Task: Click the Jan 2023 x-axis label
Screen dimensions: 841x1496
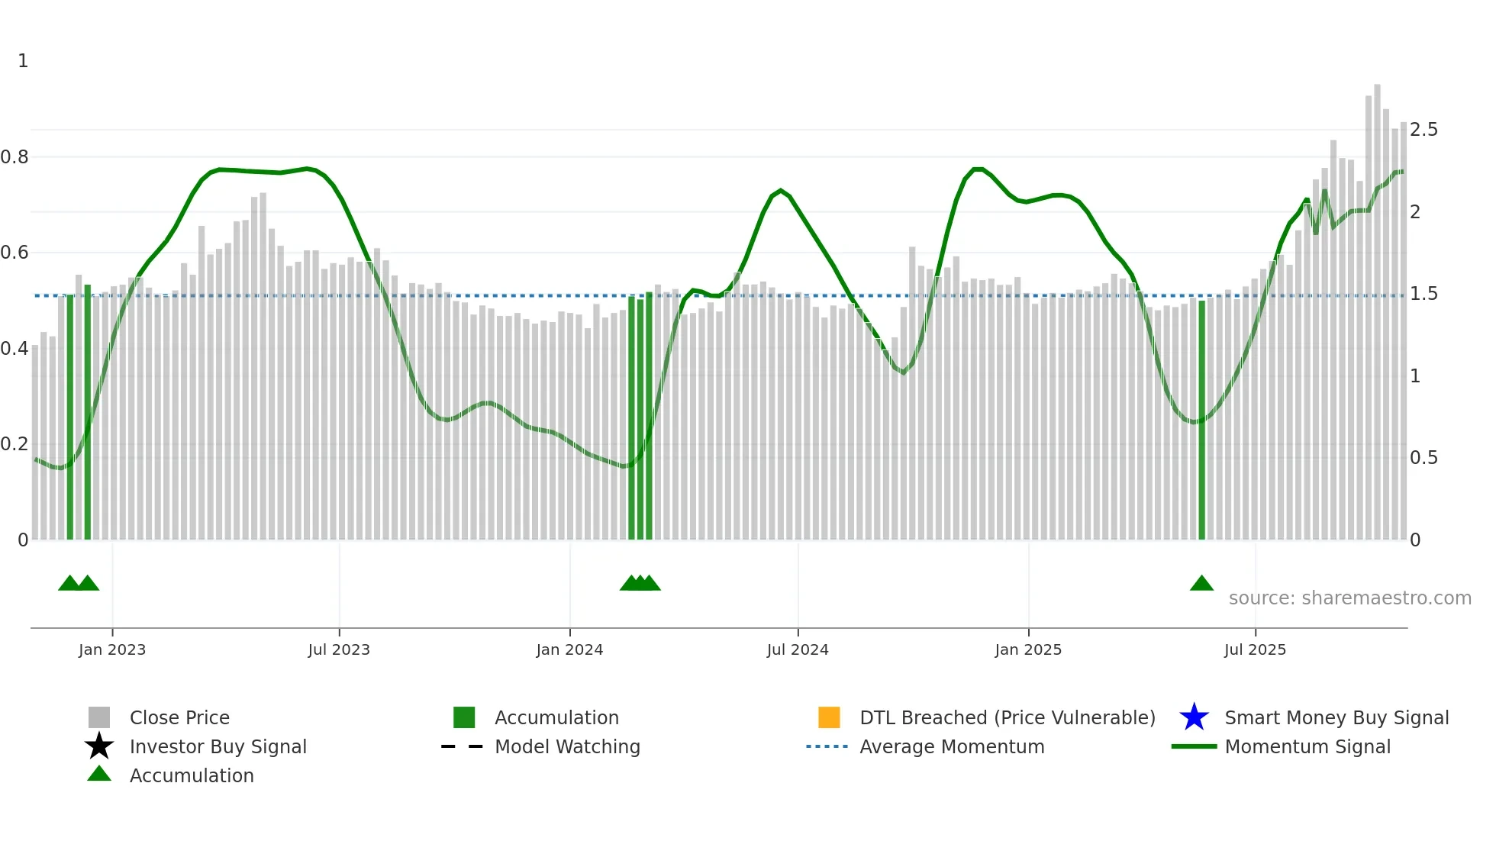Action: (112, 650)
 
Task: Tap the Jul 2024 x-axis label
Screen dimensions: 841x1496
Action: (798, 650)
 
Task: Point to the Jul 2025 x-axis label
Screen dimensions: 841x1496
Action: (1255, 650)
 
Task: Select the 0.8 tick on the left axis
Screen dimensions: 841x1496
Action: (15, 157)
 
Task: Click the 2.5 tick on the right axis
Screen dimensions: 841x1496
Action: (1423, 130)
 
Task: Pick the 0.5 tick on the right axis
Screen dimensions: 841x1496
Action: (1423, 458)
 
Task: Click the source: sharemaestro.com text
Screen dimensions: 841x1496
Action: (1349, 598)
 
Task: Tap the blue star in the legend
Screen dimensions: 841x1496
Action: (1194, 717)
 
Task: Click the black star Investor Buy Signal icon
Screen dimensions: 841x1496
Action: (99, 746)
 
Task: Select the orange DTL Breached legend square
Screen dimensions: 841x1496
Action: (829, 717)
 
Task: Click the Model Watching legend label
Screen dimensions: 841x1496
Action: (567, 747)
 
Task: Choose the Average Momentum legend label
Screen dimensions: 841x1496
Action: (952, 747)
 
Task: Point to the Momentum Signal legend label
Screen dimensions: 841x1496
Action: (1307, 747)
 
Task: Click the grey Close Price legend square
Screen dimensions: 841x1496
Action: (99, 717)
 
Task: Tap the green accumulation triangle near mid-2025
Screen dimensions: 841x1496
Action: (1201, 584)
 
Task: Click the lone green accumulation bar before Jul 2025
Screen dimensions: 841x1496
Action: (1201, 420)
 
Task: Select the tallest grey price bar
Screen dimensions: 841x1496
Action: (1377, 305)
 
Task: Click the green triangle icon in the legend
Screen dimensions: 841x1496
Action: (99, 775)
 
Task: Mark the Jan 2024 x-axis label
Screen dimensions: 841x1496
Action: (569, 650)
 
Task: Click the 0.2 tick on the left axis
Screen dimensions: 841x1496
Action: (15, 444)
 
